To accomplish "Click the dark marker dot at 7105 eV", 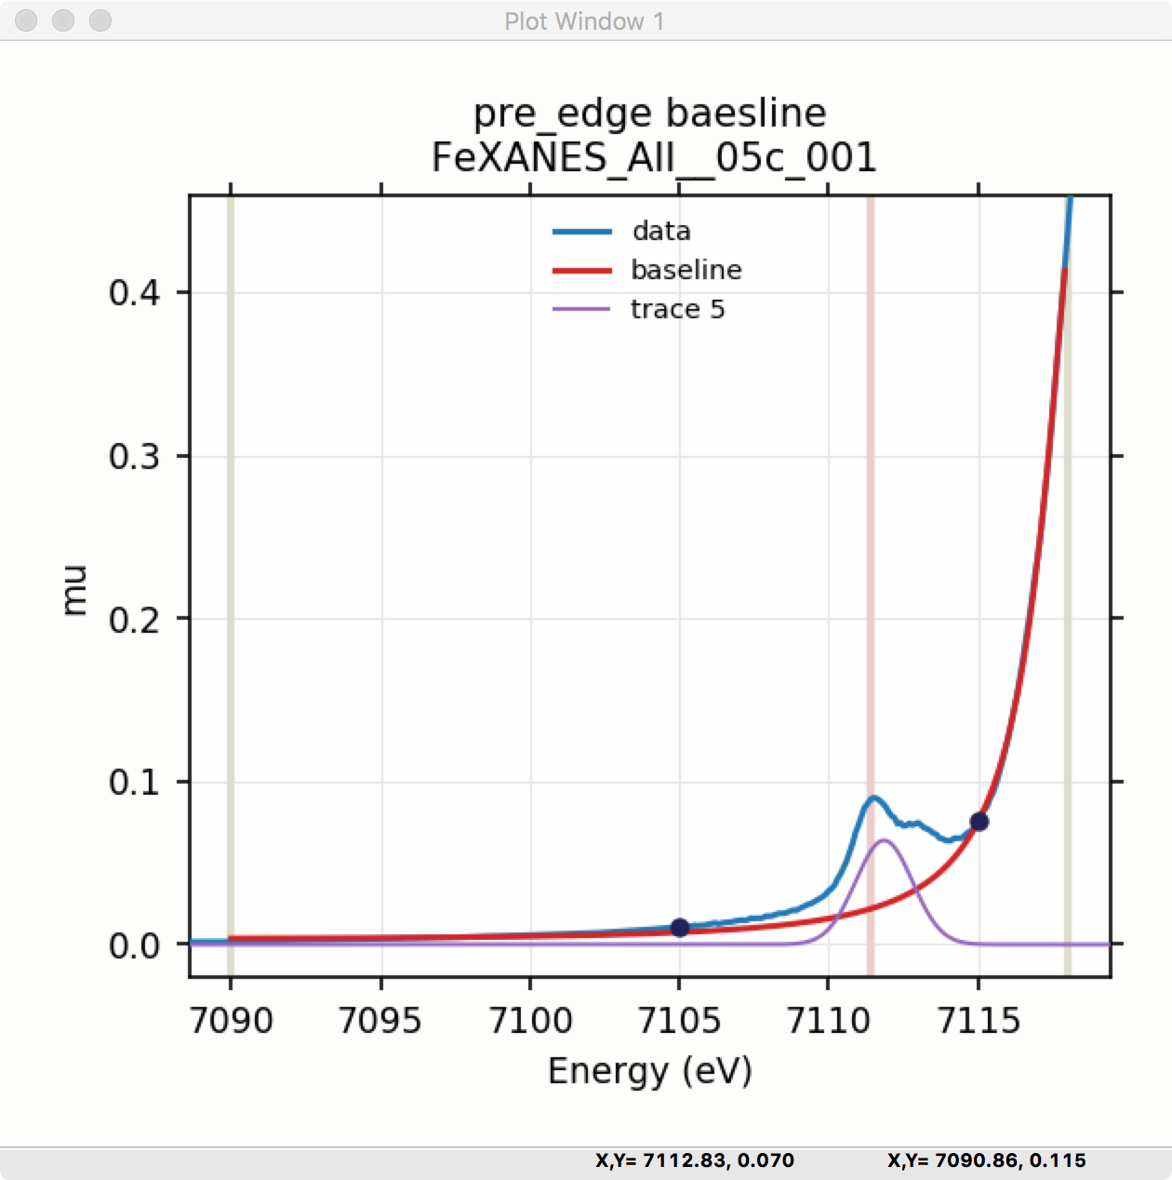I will tap(680, 927).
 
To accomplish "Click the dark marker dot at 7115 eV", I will tap(979, 821).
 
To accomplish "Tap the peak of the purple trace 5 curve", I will tap(884, 840).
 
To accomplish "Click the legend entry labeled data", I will tap(660, 231).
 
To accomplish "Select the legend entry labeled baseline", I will tap(686, 270).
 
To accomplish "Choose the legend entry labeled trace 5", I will tap(676, 309).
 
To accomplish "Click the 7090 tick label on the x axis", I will tap(231, 1021).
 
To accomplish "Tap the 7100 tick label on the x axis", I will tap(530, 1021).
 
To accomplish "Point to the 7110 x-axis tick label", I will tap(828, 1021).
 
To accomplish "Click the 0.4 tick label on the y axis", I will tap(135, 293).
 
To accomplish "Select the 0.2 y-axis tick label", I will tap(135, 619).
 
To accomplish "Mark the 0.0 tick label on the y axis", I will tap(135, 945).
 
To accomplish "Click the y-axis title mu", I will tap(74, 590).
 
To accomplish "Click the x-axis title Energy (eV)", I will tap(649, 1071).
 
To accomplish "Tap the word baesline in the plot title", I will tap(746, 114).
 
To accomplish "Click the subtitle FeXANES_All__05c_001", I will tap(654, 158).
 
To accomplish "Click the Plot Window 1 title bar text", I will tap(584, 21).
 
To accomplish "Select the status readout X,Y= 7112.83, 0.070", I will tap(695, 1160).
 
